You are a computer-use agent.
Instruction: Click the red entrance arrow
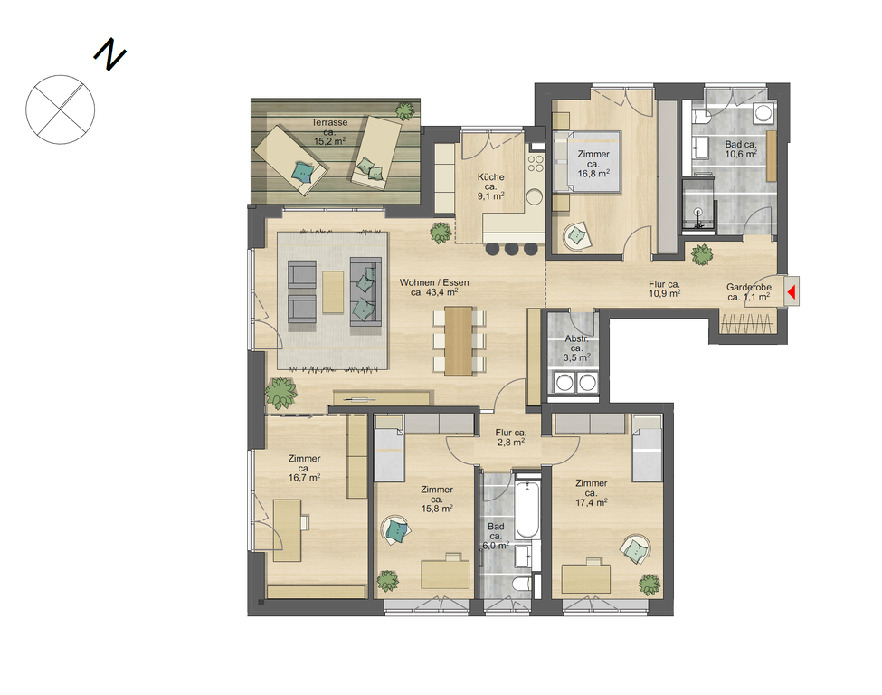click(792, 292)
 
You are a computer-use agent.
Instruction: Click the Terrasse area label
click(329, 132)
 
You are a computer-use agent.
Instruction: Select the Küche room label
click(490, 186)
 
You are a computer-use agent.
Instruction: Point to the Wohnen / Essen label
click(434, 287)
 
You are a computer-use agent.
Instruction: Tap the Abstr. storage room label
click(576, 348)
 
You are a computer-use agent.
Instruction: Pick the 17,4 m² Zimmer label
click(592, 492)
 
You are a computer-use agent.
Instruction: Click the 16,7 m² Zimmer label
click(304, 468)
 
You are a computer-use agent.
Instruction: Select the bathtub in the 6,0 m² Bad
click(527, 509)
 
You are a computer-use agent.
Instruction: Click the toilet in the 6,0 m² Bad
click(521, 584)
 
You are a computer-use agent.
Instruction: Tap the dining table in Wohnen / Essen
click(459, 341)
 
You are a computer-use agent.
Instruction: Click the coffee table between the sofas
click(333, 292)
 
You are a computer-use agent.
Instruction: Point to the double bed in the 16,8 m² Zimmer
click(587, 162)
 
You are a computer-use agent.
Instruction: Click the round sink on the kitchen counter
click(535, 196)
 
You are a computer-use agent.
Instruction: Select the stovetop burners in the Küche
click(535, 163)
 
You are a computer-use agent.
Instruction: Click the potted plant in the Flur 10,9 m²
click(702, 255)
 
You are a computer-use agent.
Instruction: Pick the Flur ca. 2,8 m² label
click(511, 437)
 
